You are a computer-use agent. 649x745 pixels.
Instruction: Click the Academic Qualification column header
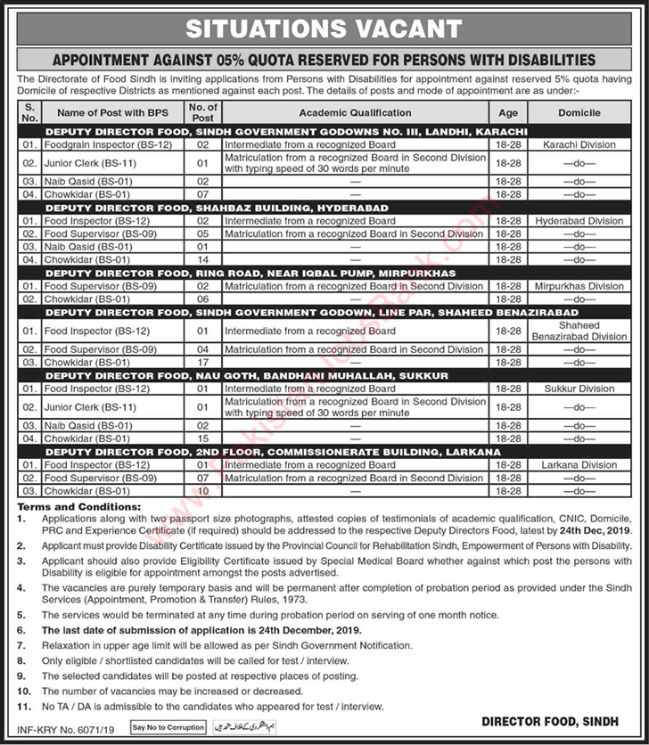[355, 113]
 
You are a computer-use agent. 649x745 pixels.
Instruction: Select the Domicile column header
[579, 113]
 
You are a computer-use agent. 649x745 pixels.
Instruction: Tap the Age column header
[507, 113]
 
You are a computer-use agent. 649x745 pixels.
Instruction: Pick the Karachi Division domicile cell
[579, 143]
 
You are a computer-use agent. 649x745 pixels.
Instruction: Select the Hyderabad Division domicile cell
[579, 220]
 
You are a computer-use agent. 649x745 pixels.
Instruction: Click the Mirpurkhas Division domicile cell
[579, 286]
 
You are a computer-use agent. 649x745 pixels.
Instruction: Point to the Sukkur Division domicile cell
[579, 389]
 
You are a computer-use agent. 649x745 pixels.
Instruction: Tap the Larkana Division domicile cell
[579, 465]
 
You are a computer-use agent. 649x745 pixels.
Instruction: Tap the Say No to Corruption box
[168, 727]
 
